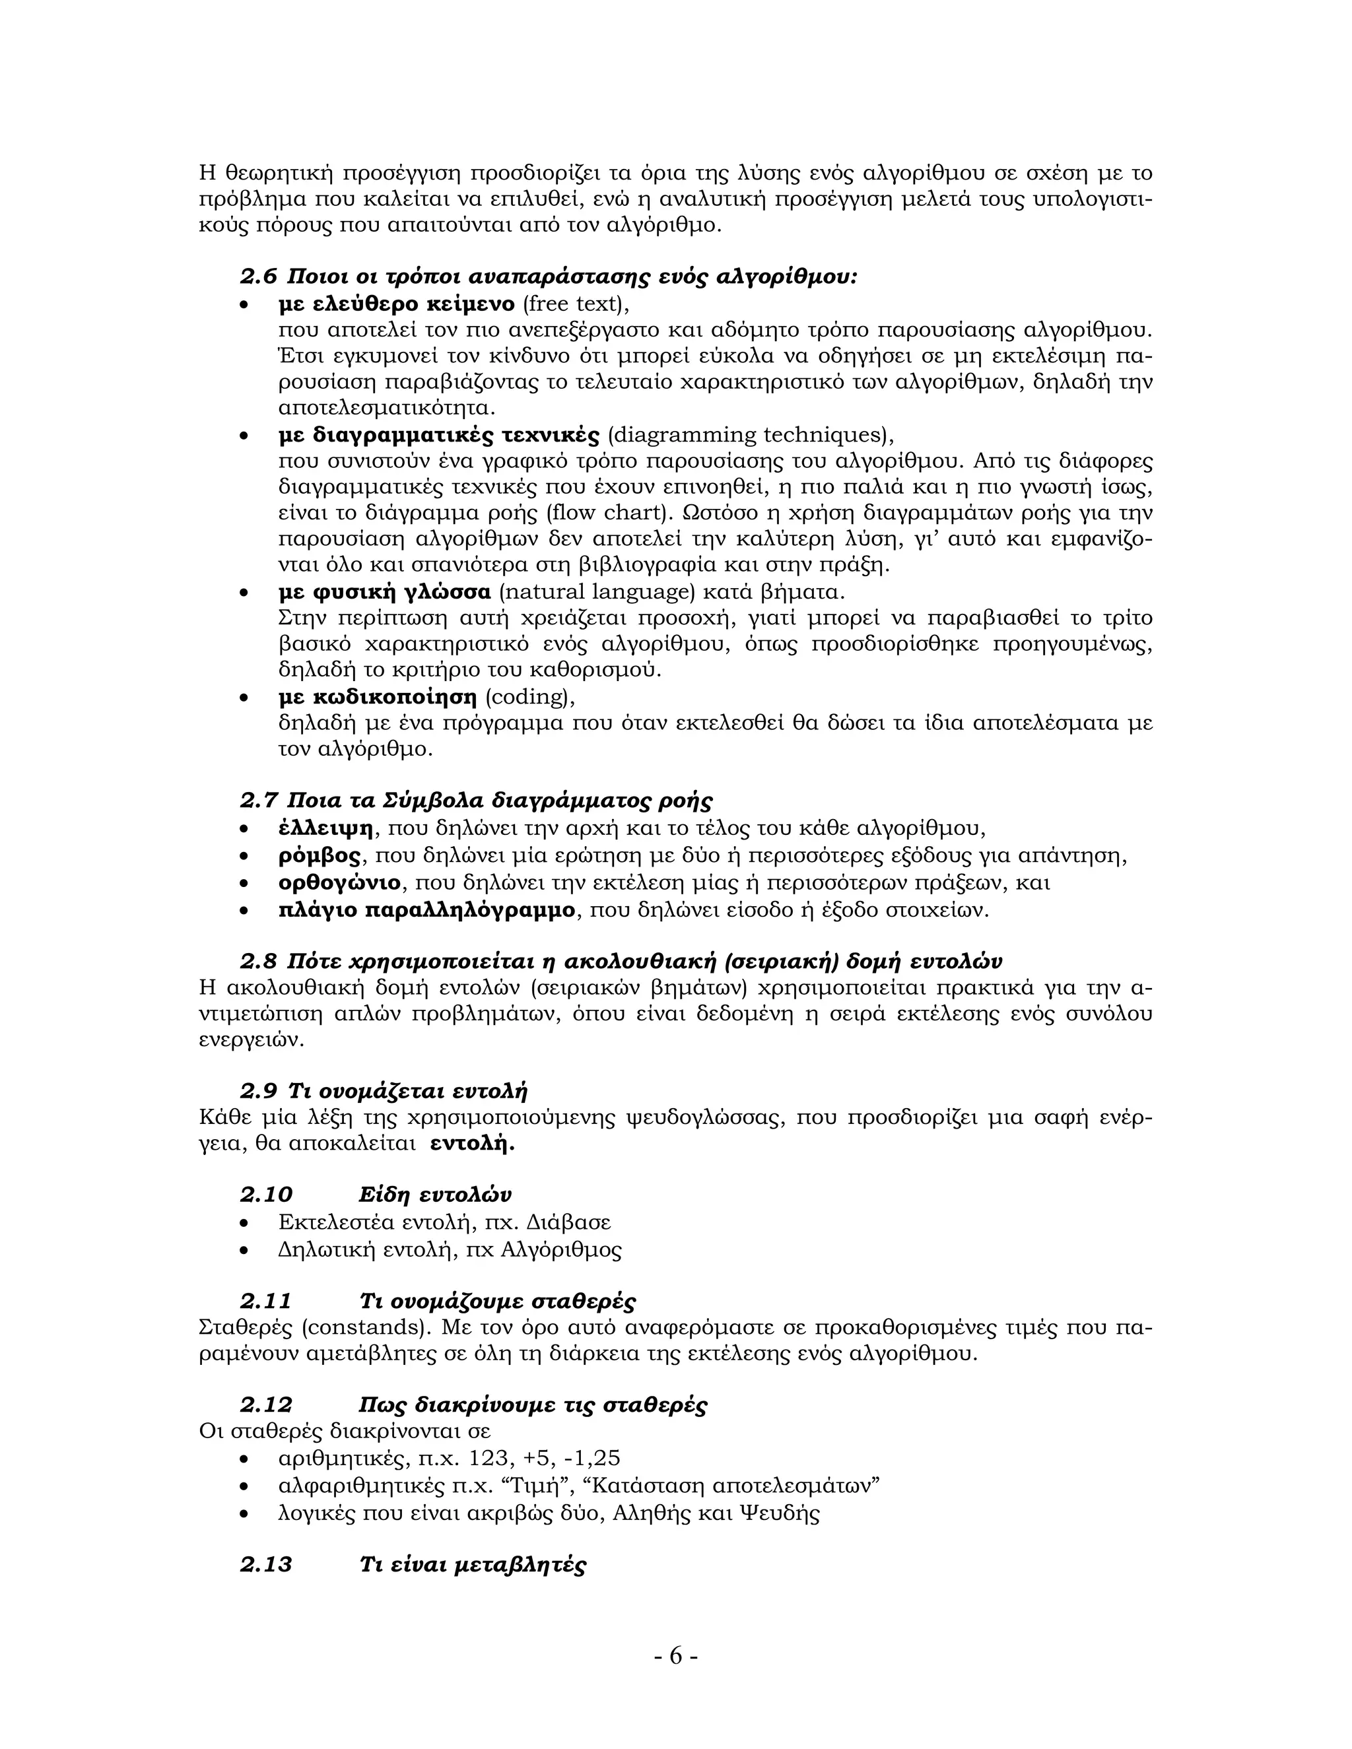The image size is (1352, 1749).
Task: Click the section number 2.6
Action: (x=258, y=277)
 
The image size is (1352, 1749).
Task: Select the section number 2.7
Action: (x=258, y=800)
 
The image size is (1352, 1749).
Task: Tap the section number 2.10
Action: (x=266, y=1195)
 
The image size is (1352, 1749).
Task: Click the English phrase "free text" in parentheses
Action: (x=572, y=304)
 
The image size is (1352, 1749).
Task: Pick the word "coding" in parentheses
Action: (x=528, y=697)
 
